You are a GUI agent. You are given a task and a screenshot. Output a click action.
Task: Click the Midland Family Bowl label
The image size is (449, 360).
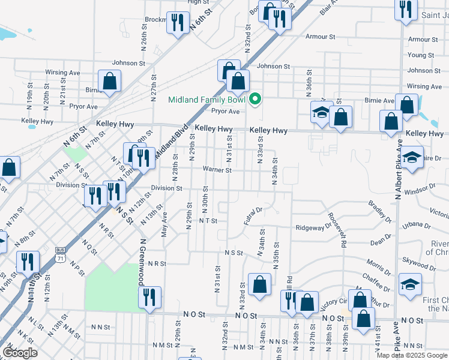tap(207, 100)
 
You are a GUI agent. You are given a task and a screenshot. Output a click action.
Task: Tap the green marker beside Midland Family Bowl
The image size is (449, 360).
tap(255, 99)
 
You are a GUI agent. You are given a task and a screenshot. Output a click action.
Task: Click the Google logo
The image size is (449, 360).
tap(20, 353)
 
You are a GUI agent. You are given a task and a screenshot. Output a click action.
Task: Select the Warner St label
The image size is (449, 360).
tap(217, 170)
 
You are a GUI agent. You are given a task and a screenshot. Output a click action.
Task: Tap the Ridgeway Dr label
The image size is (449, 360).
tap(313, 227)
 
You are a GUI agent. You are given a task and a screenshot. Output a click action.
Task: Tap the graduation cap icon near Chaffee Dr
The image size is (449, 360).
tap(411, 284)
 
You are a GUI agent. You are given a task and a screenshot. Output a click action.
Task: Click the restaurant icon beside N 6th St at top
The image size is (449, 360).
tap(177, 22)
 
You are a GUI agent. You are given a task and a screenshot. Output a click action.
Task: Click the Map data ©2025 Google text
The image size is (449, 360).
tap(412, 355)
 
